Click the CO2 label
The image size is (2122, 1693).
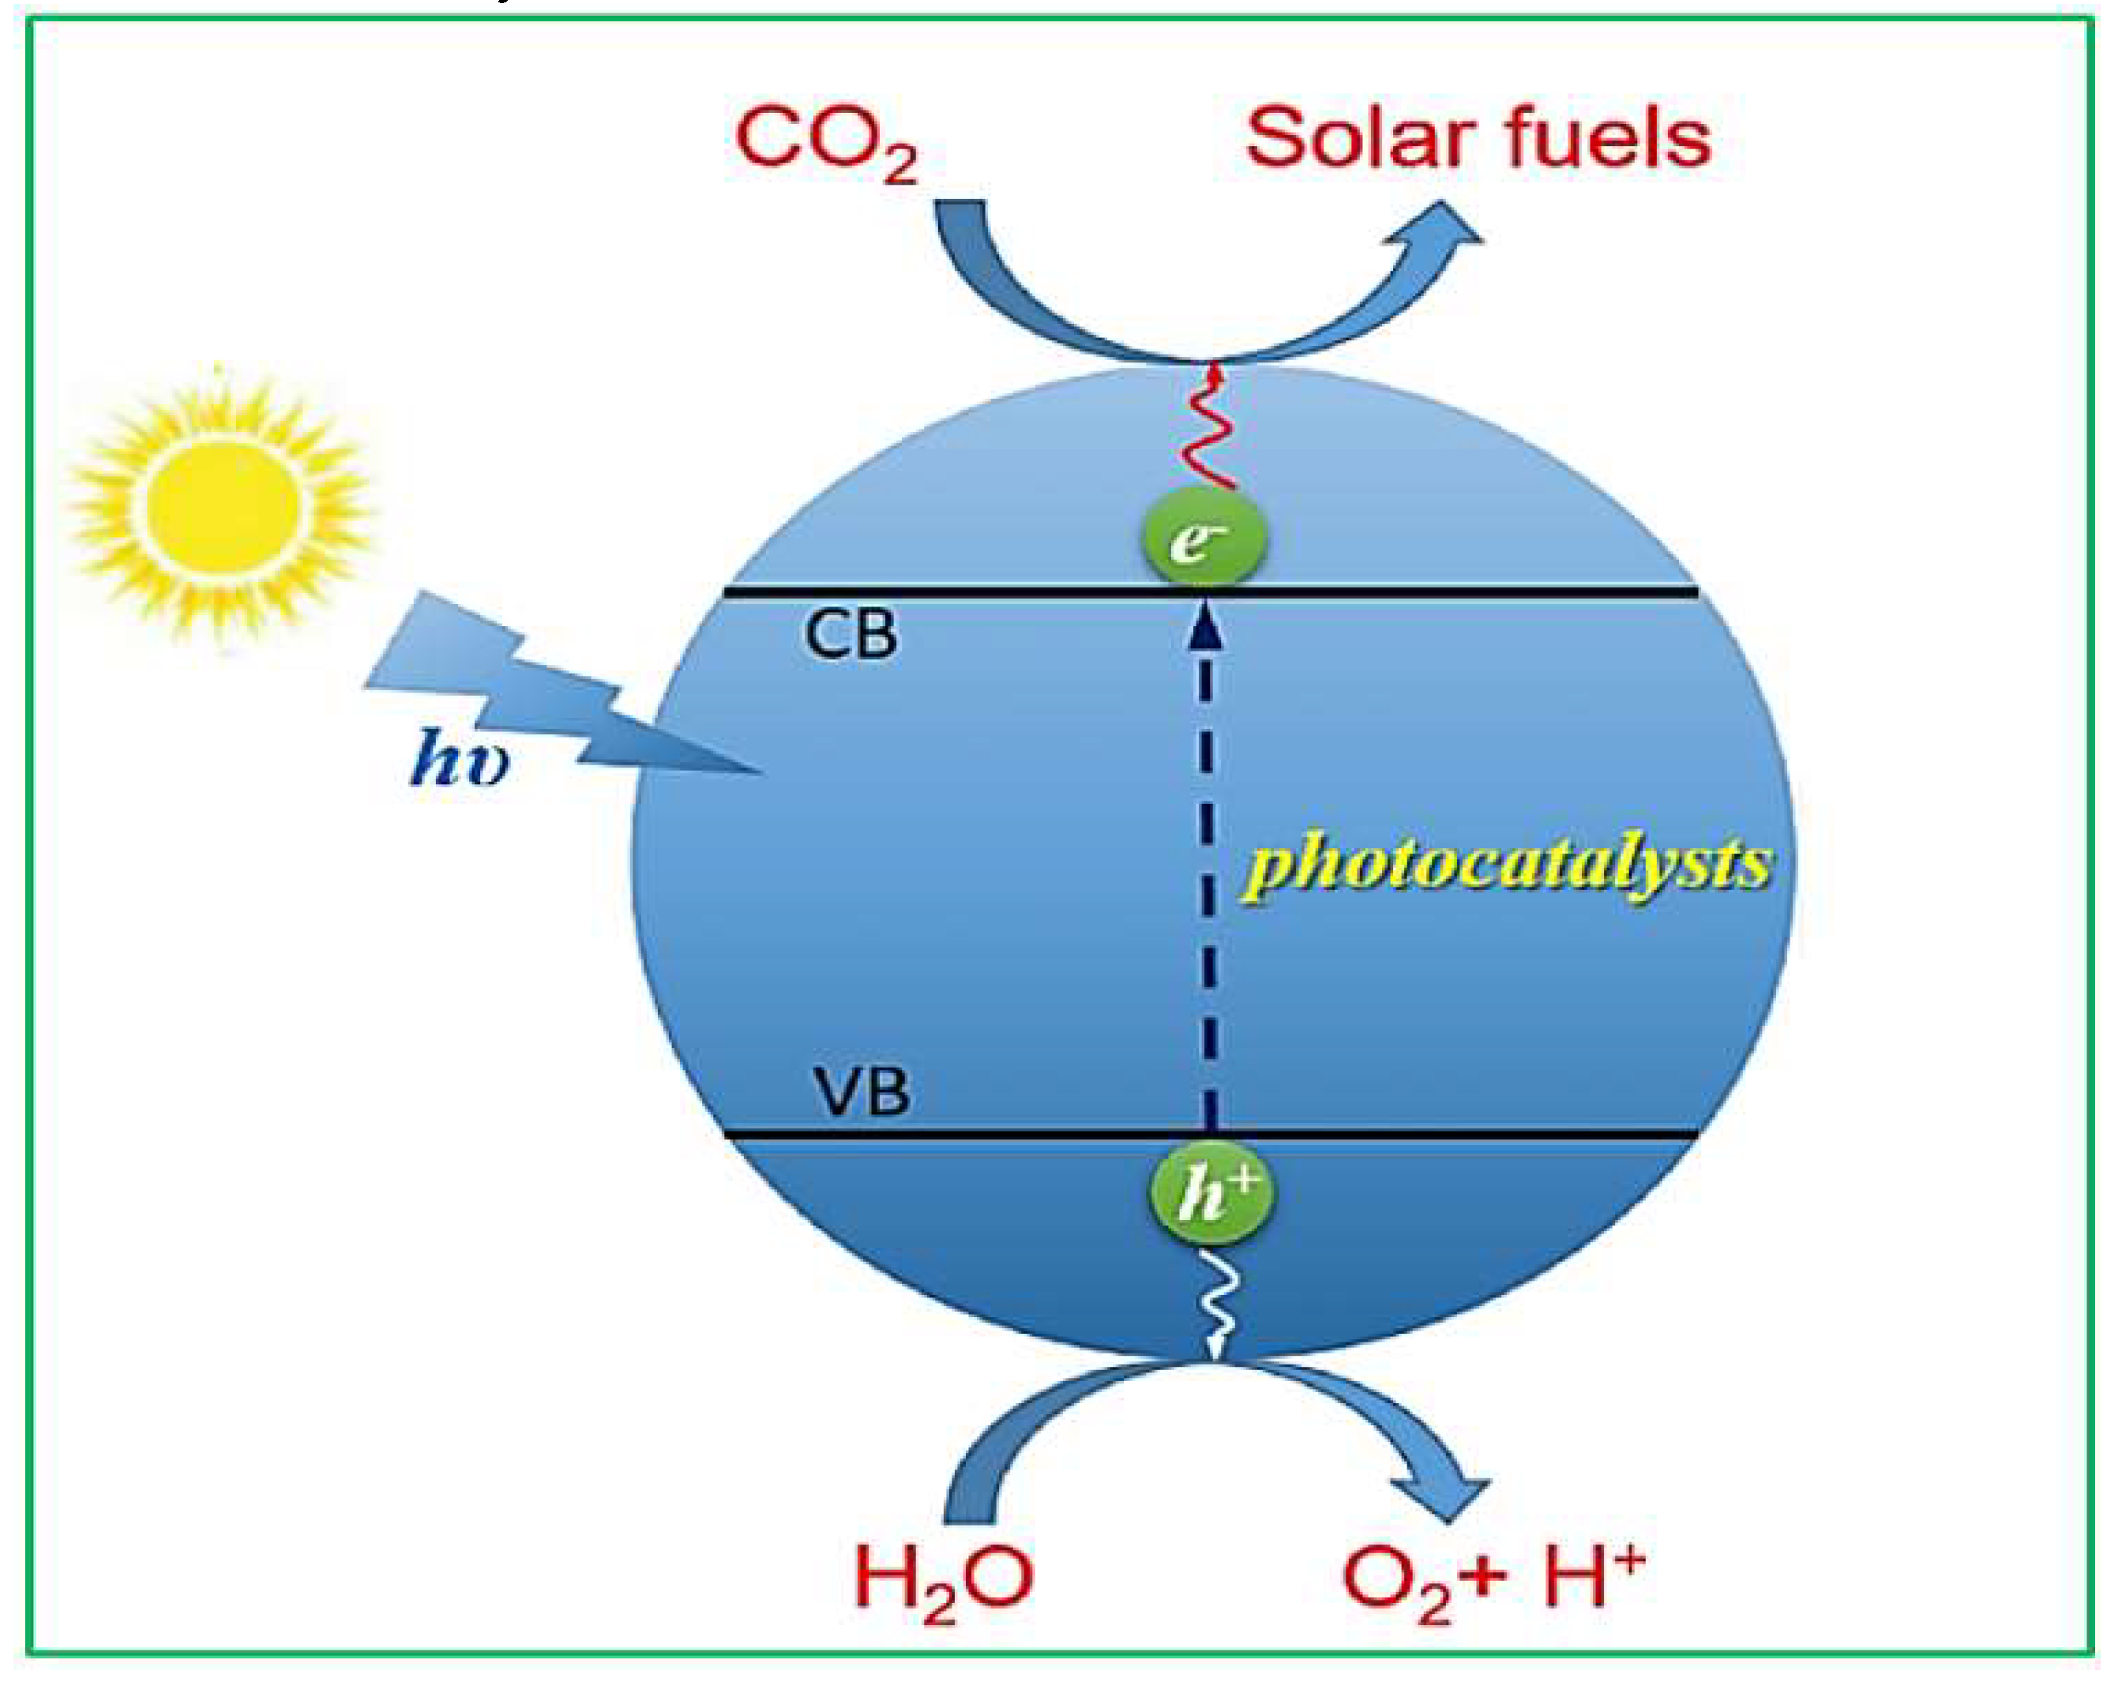(x=824, y=143)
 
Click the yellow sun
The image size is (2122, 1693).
(x=221, y=504)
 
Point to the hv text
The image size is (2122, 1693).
(x=459, y=757)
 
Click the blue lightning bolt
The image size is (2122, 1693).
(x=551, y=689)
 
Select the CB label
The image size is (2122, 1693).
(x=851, y=634)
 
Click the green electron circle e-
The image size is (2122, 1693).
(x=1203, y=539)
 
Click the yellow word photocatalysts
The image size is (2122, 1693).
(x=1506, y=866)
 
